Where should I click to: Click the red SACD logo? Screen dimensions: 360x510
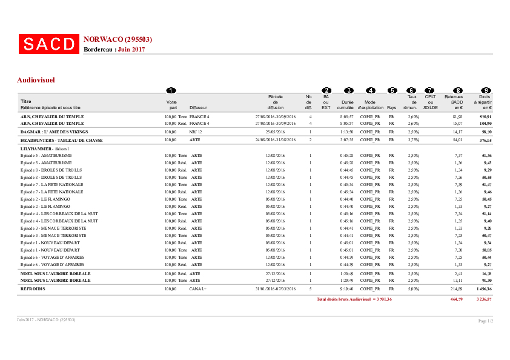pyautogui.click(x=48, y=44)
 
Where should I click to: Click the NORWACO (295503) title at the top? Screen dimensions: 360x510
pyautogui.click(x=118, y=39)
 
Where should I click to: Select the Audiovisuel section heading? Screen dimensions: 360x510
pyautogui.click(x=36, y=79)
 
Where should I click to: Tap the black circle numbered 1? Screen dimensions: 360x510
pyautogui.click(x=171, y=90)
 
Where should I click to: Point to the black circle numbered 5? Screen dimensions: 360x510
pyautogui.click(x=392, y=90)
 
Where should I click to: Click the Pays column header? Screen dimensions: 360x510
pyautogui.click(x=392, y=107)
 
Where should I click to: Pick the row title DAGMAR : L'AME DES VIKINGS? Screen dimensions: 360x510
pyautogui.click(x=54, y=132)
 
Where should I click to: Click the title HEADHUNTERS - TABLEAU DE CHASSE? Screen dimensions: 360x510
pyautogui.click(x=61, y=140)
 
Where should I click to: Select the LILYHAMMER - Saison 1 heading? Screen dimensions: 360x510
pyautogui.click(x=45, y=148)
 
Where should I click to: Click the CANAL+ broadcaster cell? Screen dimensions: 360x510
pyautogui.click(x=198, y=290)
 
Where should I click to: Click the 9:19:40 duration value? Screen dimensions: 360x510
pyautogui.click(x=347, y=290)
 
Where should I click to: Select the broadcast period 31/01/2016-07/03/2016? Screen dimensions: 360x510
pyautogui.click(x=276, y=290)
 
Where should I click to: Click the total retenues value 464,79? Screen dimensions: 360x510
pyautogui.click(x=456, y=299)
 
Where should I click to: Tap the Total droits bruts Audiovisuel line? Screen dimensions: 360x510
pyautogui.click(x=354, y=299)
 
